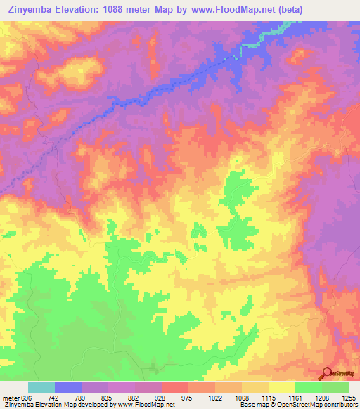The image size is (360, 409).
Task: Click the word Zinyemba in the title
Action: (29, 10)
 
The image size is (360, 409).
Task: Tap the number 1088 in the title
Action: (121, 10)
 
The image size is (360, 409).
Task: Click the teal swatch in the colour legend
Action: (41, 387)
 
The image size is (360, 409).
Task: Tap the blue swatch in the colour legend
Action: (68, 387)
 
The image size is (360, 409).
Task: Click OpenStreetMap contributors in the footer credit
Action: (320, 405)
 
